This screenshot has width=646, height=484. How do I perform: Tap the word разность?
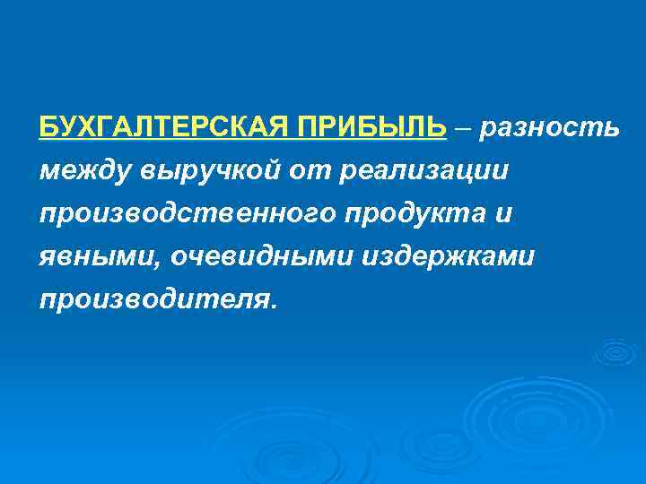[548, 128]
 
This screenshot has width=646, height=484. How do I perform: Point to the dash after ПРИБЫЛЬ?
[462, 129]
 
